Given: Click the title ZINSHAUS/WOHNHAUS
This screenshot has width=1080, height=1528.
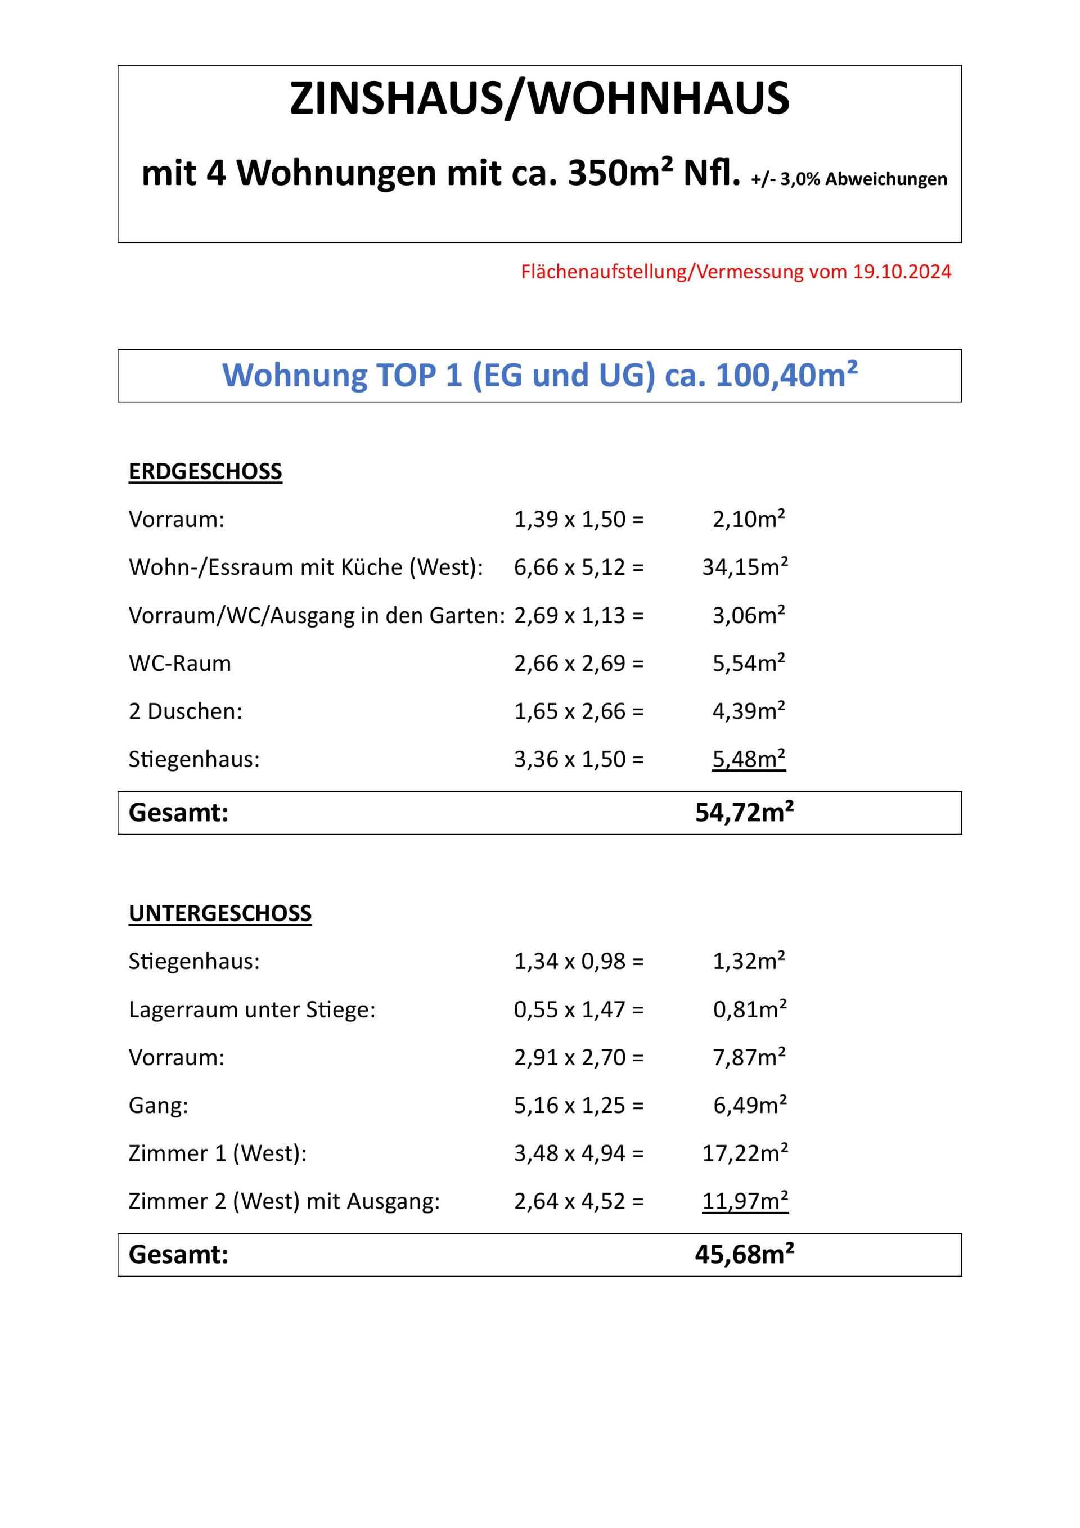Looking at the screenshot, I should (539, 98).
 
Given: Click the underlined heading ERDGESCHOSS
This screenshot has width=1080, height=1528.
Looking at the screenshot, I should (205, 471).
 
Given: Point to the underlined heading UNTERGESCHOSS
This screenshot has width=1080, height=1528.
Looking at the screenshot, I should (220, 913).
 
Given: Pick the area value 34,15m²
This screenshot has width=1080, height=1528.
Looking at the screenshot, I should (744, 567).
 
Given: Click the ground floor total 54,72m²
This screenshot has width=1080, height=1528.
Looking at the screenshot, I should (744, 813).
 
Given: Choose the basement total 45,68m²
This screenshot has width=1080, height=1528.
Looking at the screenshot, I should (744, 1255).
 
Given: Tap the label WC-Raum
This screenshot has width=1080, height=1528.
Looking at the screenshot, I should (180, 664).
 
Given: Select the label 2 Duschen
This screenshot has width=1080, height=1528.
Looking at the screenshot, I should (185, 711).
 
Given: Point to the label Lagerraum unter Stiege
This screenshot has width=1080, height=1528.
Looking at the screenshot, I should (251, 1009).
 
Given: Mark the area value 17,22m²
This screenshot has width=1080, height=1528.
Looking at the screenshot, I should (744, 1153).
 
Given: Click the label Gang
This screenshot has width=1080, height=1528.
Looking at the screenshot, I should (159, 1106).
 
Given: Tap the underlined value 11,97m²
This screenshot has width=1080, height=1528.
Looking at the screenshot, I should (744, 1201).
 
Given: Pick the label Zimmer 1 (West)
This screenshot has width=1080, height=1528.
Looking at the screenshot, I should (218, 1153).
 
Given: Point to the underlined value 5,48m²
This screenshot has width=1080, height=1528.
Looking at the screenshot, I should (749, 759).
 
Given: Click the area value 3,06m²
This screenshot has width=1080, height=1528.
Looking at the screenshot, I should (749, 616).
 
